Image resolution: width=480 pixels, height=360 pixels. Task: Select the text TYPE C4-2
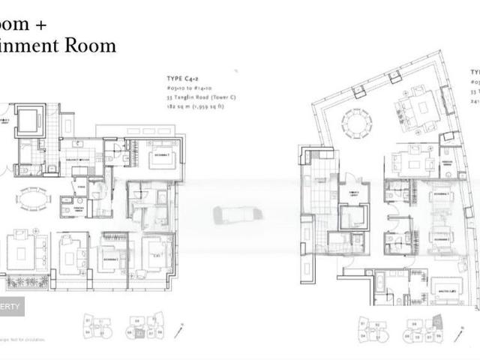click(x=184, y=78)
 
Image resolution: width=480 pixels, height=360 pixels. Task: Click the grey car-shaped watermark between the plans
click(x=237, y=214)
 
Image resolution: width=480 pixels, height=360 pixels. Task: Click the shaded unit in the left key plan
click(x=139, y=333)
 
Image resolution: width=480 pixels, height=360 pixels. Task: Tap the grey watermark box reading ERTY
click(x=12, y=306)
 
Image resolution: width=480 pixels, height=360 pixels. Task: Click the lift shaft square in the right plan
click(x=353, y=217)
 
